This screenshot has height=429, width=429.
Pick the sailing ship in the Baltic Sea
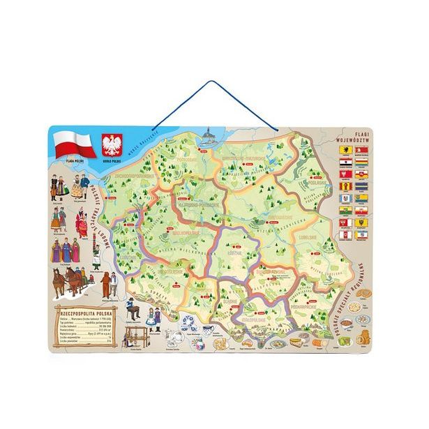(x=207, y=134)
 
